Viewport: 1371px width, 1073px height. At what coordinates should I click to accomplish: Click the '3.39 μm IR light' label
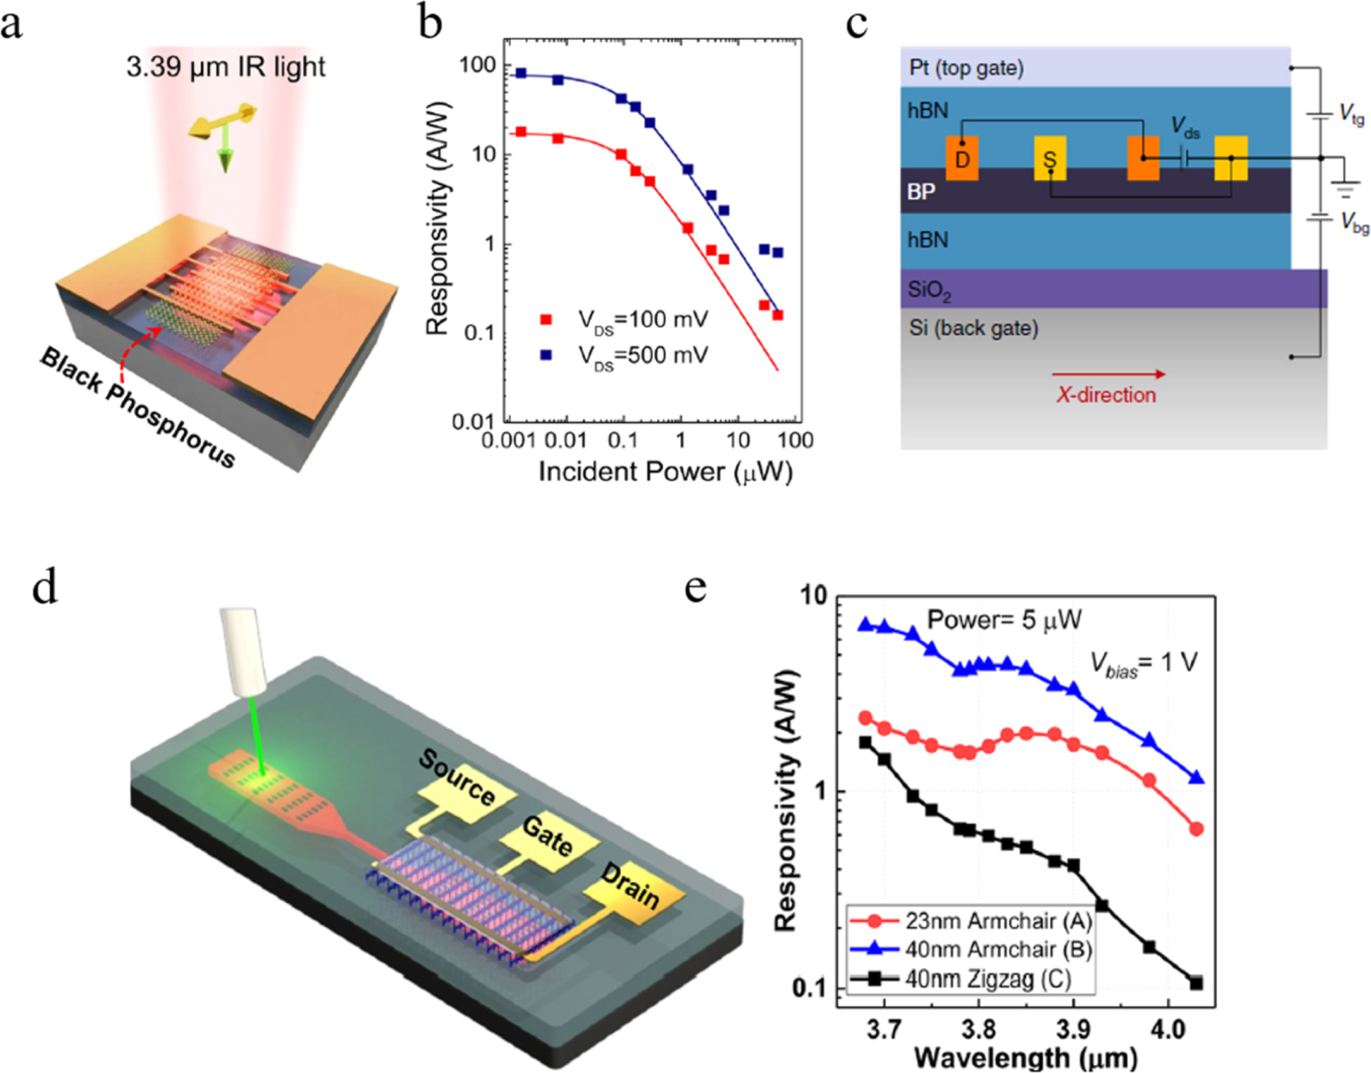pyautogui.click(x=226, y=66)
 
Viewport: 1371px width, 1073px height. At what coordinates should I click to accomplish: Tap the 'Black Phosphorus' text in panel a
pyautogui.click(x=137, y=407)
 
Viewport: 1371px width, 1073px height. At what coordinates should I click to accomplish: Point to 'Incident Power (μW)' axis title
pyautogui.click(x=666, y=472)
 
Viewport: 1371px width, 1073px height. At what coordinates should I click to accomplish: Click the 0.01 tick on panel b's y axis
pyautogui.click(x=473, y=421)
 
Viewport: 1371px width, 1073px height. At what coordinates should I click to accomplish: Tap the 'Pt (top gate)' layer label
pyautogui.click(x=966, y=68)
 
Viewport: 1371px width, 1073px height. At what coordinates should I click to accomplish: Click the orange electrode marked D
pyautogui.click(x=962, y=159)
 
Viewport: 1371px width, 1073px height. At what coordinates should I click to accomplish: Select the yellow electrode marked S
pyautogui.click(x=1050, y=159)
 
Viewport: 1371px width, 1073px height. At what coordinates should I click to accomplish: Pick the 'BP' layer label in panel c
pyautogui.click(x=921, y=191)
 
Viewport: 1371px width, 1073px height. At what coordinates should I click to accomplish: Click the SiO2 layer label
pyautogui.click(x=929, y=290)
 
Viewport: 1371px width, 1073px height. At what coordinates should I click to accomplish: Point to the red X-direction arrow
pyautogui.click(x=1108, y=374)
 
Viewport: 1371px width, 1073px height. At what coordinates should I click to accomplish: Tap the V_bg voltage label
pyautogui.click(x=1353, y=222)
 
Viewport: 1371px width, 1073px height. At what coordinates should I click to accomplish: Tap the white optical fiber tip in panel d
pyautogui.click(x=245, y=650)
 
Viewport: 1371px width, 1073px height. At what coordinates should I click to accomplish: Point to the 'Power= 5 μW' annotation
pyautogui.click(x=1004, y=620)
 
